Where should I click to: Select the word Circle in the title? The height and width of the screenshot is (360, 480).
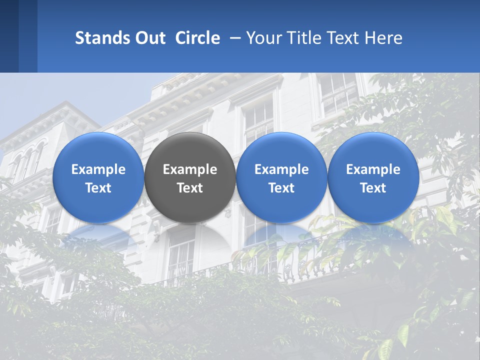[x=197, y=38]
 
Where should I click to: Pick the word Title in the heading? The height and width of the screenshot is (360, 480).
[x=303, y=38]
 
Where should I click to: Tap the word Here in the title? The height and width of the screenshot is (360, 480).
[x=383, y=38]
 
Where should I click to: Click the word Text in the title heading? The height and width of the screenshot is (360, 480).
[x=343, y=38]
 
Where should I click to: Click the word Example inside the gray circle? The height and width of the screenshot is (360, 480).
[x=190, y=170]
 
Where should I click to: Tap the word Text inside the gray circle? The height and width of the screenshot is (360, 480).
[x=190, y=188]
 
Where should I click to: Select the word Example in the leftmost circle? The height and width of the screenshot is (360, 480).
[x=98, y=170]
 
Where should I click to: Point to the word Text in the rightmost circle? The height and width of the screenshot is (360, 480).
[x=373, y=188]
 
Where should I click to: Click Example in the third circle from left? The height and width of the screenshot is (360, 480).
[x=281, y=170]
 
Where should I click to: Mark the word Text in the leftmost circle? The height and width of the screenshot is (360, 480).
[x=98, y=188]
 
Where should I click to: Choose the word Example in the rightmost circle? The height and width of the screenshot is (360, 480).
[x=373, y=170]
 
